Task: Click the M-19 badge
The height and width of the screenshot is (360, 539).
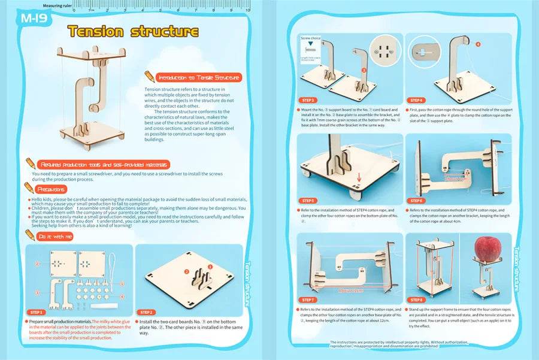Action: (x=34, y=17)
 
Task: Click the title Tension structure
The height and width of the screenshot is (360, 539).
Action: (x=132, y=31)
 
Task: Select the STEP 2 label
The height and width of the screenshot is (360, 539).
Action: (x=149, y=312)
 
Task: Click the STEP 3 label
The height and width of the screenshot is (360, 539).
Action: (x=309, y=100)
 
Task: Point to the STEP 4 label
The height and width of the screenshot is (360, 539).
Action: (x=417, y=100)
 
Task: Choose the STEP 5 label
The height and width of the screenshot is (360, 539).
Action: (x=309, y=201)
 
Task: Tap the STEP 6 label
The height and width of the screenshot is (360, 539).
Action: (x=417, y=201)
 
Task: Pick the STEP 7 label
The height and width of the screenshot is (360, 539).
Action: (x=309, y=299)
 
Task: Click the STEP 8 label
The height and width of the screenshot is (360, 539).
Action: (x=417, y=299)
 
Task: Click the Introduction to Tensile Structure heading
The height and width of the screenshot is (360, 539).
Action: (x=198, y=77)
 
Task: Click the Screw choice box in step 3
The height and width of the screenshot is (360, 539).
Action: (x=311, y=50)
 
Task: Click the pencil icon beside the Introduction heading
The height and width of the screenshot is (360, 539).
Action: (x=149, y=77)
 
